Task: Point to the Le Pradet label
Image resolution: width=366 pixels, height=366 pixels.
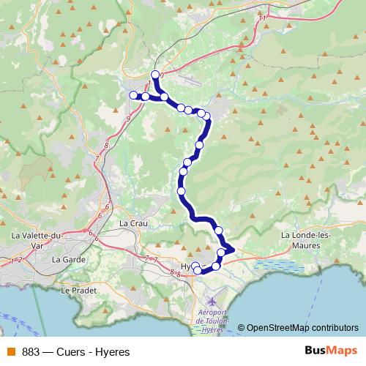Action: click(75, 290)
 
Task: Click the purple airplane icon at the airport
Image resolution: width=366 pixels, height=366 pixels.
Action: click(212, 301)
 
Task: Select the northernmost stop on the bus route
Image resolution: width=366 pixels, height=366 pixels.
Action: click(155, 74)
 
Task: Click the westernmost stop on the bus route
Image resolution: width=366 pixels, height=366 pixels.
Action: click(133, 95)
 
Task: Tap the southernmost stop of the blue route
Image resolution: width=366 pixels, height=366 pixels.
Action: click(197, 271)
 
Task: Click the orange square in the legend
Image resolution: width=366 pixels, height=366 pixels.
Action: click(10, 351)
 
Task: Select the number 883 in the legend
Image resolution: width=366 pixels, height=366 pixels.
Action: click(31, 351)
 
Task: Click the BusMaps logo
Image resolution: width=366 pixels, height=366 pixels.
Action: click(331, 350)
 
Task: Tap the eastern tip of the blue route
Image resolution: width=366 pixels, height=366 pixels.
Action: click(233, 250)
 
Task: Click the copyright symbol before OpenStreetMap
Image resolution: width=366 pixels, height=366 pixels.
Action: click(241, 327)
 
